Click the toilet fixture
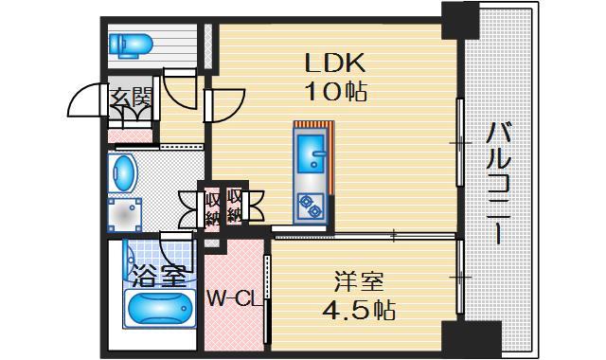tap(130, 43)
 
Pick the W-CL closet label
tap(233, 300)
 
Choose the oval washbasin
tap(124, 173)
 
